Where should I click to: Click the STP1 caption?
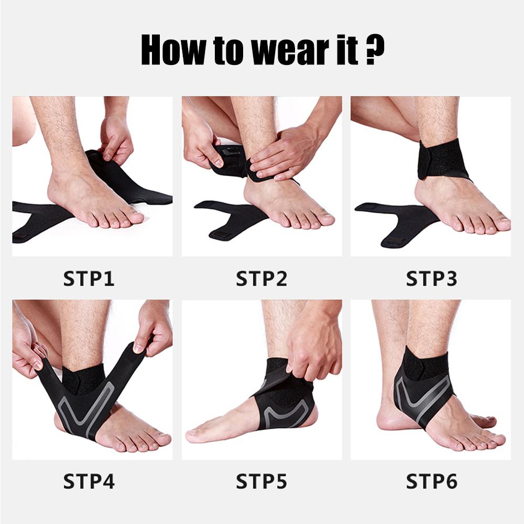[x=89, y=278]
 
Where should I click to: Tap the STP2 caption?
[x=261, y=278]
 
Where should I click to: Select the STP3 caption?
[x=431, y=278]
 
